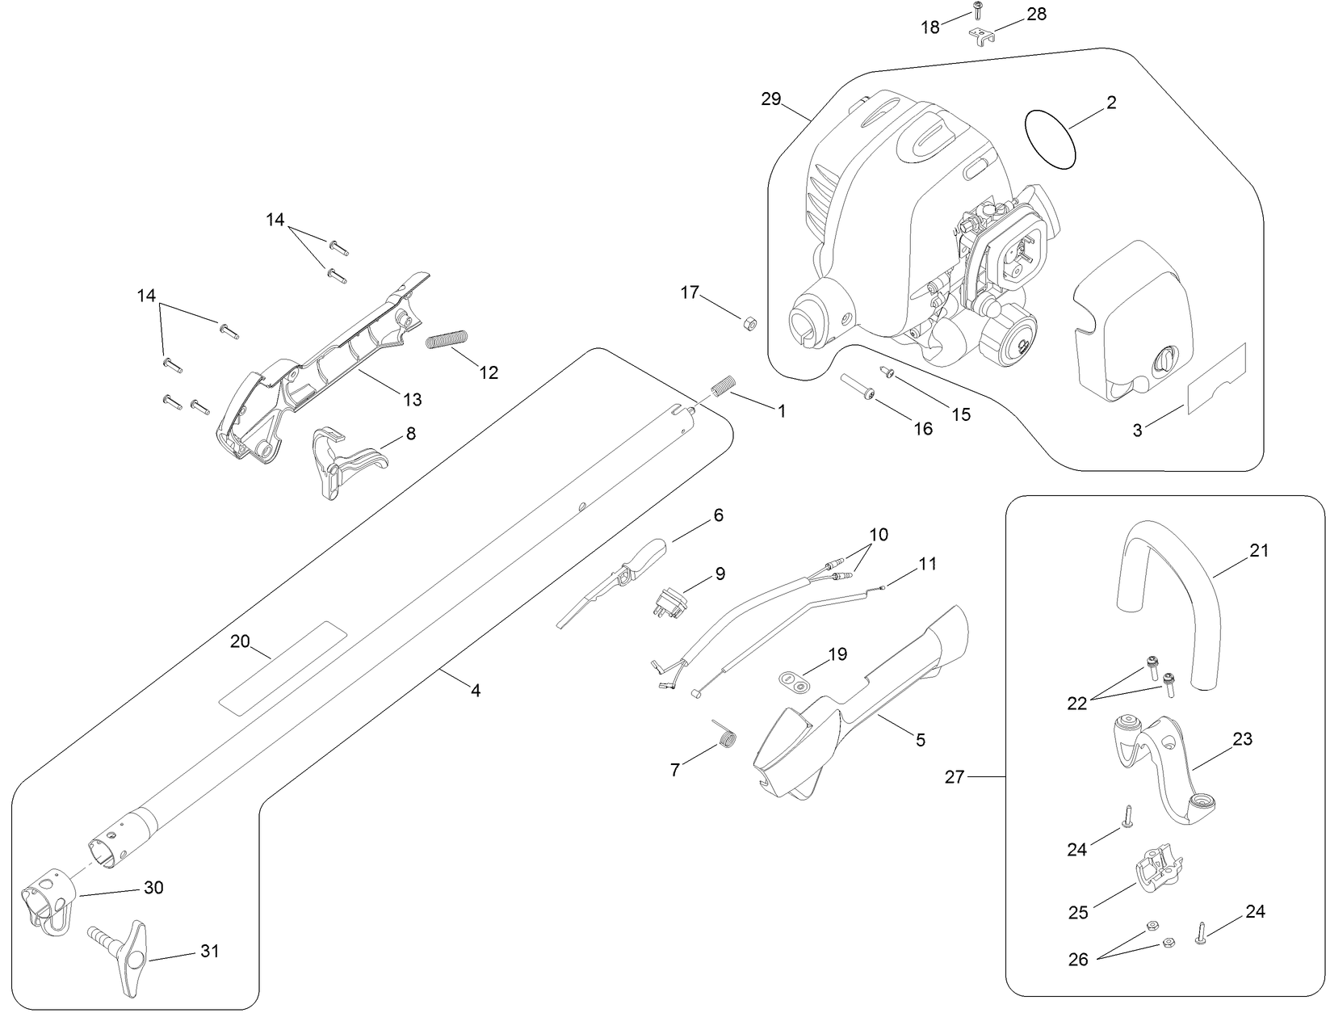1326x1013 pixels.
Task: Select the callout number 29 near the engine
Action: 771,99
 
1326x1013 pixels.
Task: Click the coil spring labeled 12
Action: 447,338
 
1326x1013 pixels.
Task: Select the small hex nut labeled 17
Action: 748,323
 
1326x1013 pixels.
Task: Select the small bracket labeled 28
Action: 980,37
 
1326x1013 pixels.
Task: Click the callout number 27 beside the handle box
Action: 955,777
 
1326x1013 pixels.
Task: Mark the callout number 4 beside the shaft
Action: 476,691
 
